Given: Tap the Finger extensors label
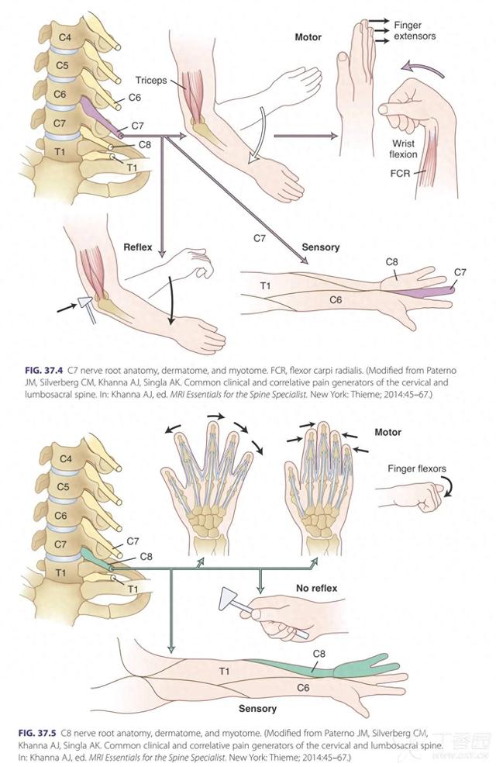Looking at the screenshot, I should pyautogui.click(x=415, y=30).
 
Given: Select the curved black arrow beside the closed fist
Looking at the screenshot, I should pyautogui.click(x=448, y=489).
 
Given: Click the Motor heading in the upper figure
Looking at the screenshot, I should pyautogui.click(x=308, y=37).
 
